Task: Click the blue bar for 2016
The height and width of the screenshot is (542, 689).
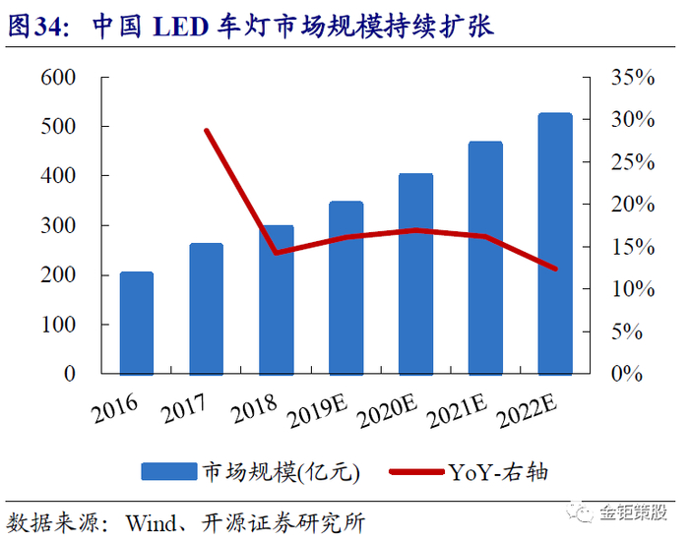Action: [136, 323]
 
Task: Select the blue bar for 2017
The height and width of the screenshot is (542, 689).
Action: [206, 309]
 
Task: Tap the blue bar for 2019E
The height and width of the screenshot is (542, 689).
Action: [345, 287]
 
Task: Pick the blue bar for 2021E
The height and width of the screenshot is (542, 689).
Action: [485, 258]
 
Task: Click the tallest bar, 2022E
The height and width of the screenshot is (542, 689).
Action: [555, 243]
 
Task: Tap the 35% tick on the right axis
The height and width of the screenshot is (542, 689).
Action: [632, 78]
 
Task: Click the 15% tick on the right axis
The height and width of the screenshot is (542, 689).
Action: [632, 247]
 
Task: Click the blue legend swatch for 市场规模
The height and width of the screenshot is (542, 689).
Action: [168, 472]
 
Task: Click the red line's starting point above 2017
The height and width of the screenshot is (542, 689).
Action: [206, 130]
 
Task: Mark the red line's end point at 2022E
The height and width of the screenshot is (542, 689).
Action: [555, 269]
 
